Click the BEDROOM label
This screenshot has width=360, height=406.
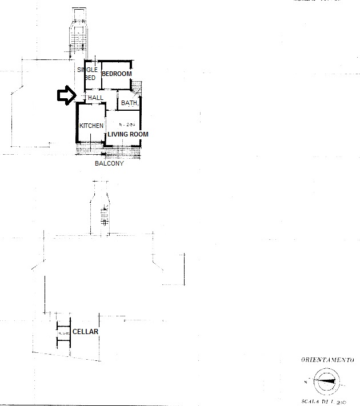pos(117,74)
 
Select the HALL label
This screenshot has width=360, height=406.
pos(96,98)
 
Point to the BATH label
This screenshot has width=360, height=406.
pos(129,103)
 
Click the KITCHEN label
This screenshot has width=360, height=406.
pos(91,126)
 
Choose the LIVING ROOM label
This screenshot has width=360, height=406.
pos(128,134)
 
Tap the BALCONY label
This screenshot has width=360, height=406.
pos(109,163)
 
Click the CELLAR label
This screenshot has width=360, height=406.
pos(85,332)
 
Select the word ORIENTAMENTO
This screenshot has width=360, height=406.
pos(327,360)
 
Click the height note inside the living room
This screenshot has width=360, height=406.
pos(126,124)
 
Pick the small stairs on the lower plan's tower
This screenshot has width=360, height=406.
pos(105,220)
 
